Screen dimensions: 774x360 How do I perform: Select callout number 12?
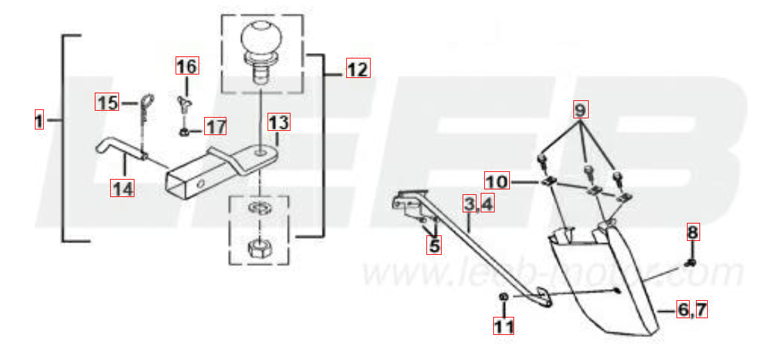tap(358, 68)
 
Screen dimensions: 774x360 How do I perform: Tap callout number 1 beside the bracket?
tap(39, 120)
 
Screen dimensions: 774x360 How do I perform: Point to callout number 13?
tap(279, 122)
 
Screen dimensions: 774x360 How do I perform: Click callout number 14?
tap(122, 188)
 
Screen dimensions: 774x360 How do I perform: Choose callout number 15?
tap(107, 102)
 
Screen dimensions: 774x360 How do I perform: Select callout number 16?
tap(187, 65)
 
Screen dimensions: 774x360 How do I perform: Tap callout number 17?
tap(215, 126)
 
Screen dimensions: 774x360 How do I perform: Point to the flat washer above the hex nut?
tap(259, 206)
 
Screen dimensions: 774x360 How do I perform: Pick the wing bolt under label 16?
tap(185, 104)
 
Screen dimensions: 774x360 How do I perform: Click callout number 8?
tap(692, 232)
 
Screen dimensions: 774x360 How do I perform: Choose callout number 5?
tap(434, 245)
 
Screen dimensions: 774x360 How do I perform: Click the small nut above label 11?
tap(504, 297)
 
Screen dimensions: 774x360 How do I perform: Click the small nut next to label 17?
tap(184, 132)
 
